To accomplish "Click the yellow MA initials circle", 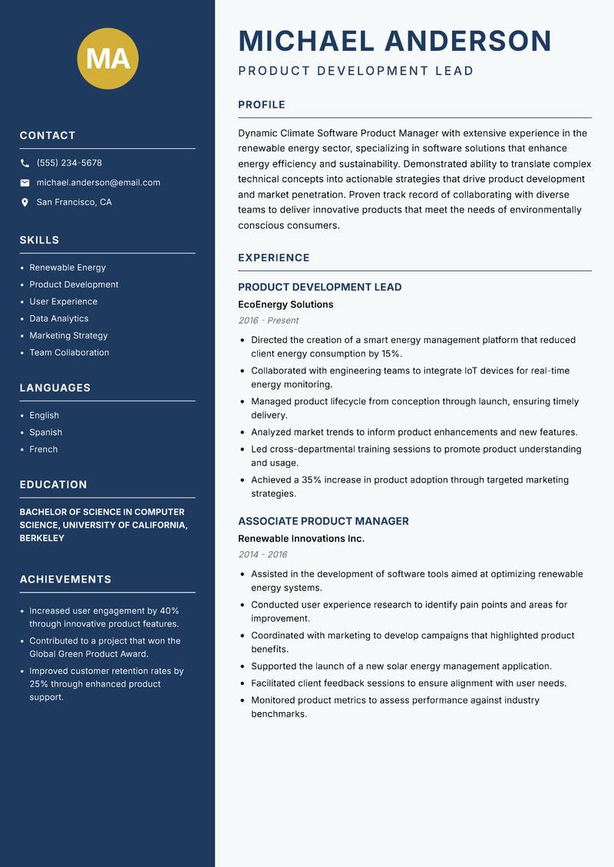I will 108,58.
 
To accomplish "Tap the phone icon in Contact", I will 25,163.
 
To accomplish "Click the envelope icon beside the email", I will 25,183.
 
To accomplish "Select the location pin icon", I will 25,203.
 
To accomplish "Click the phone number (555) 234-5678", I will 69,163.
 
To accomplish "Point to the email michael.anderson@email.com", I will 98,183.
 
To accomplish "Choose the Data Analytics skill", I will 59,318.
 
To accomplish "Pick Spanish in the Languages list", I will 46,432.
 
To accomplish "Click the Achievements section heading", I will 65,579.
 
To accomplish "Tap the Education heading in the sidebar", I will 53,484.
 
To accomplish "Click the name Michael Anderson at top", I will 395,41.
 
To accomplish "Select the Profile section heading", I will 262,104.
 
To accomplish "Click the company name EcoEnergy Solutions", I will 286,305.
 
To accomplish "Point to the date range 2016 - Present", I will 268,321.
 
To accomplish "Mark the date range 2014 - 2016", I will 262,554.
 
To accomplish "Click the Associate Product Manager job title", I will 323,521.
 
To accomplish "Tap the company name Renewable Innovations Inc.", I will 301,539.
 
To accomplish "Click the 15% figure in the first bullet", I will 391,354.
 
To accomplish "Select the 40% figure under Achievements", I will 169,611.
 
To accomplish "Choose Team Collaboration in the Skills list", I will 69,352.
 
